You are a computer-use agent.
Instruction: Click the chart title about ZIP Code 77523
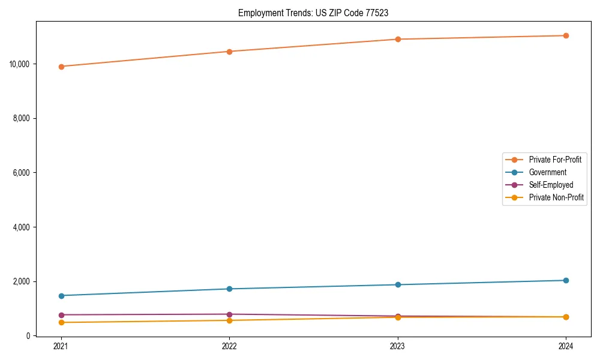click(313, 13)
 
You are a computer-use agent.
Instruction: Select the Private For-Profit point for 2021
click(61, 67)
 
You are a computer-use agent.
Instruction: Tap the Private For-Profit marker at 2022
click(229, 52)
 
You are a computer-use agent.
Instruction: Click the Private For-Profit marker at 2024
click(566, 35)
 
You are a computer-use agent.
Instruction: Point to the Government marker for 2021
click(61, 296)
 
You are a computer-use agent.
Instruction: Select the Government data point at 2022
click(229, 289)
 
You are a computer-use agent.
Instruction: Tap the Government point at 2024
click(566, 280)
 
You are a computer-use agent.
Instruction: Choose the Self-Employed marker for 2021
click(61, 315)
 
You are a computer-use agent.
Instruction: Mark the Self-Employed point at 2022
click(229, 314)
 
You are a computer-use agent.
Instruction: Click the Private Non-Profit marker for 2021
click(61, 323)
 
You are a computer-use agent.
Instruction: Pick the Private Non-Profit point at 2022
click(229, 320)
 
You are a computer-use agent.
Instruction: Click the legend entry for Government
click(547, 172)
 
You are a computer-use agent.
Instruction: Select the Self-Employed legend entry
click(551, 185)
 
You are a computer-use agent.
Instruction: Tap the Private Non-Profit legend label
click(556, 197)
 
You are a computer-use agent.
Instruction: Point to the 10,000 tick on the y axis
click(20, 64)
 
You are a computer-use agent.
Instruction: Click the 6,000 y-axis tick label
click(22, 173)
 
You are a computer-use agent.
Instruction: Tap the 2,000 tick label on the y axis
click(22, 281)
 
